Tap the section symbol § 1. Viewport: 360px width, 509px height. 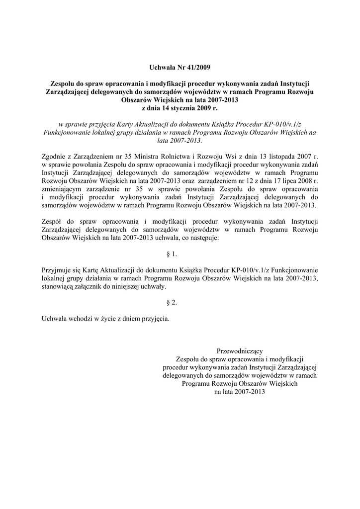(x=171, y=254)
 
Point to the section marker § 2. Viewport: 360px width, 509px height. (x=171, y=302)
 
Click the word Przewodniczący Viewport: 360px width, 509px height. (x=240, y=351)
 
